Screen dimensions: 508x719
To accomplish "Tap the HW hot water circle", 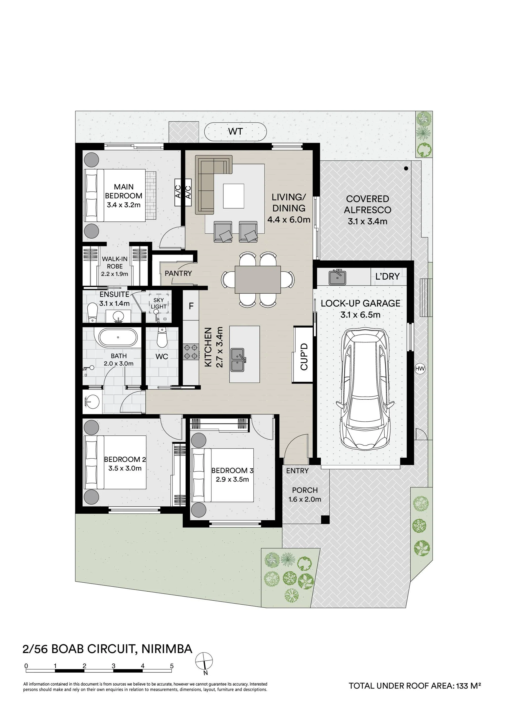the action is tap(420, 369).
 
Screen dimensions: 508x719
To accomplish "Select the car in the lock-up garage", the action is tap(365, 390).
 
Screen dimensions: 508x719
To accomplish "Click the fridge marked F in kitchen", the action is tap(191, 306).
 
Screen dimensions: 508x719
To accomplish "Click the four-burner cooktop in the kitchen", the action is tap(191, 351).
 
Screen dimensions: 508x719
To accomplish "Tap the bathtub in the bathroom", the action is tap(118, 337).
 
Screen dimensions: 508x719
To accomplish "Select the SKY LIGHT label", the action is tap(159, 303).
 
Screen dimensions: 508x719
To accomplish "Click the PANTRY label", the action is tap(178, 273).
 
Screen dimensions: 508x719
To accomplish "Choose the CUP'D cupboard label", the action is tap(304, 357).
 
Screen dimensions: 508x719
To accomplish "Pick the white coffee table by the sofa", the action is tap(233, 196).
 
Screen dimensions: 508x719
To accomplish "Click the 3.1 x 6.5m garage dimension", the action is tap(360, 315).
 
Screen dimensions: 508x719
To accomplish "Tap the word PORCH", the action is tap(305, 490).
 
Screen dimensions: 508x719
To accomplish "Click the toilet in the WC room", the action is tap(162, 337).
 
